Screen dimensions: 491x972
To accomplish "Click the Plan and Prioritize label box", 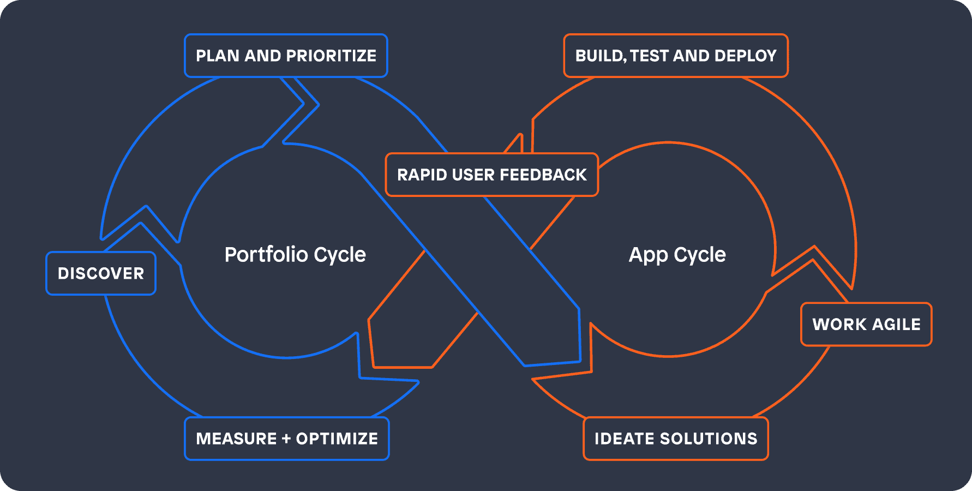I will (286, 56).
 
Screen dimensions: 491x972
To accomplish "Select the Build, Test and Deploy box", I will (676, 56).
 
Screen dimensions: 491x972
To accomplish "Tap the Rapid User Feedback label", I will (491, 175).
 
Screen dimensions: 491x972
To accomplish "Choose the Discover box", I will (101, 273).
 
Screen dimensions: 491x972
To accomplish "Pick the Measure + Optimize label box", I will (287, 439).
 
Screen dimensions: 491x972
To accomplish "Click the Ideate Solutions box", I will (676, 439).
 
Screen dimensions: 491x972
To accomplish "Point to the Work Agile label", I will (866, 325).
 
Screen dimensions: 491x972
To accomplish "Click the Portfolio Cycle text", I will (295, 255).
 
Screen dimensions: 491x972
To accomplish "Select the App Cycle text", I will (677, 255).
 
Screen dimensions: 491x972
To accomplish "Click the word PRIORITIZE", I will (331, 56).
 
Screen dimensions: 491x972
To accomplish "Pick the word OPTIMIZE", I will (337, 439).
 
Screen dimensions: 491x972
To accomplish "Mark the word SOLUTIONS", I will (709, 439).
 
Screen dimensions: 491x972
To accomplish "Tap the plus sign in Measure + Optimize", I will (286, 439).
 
